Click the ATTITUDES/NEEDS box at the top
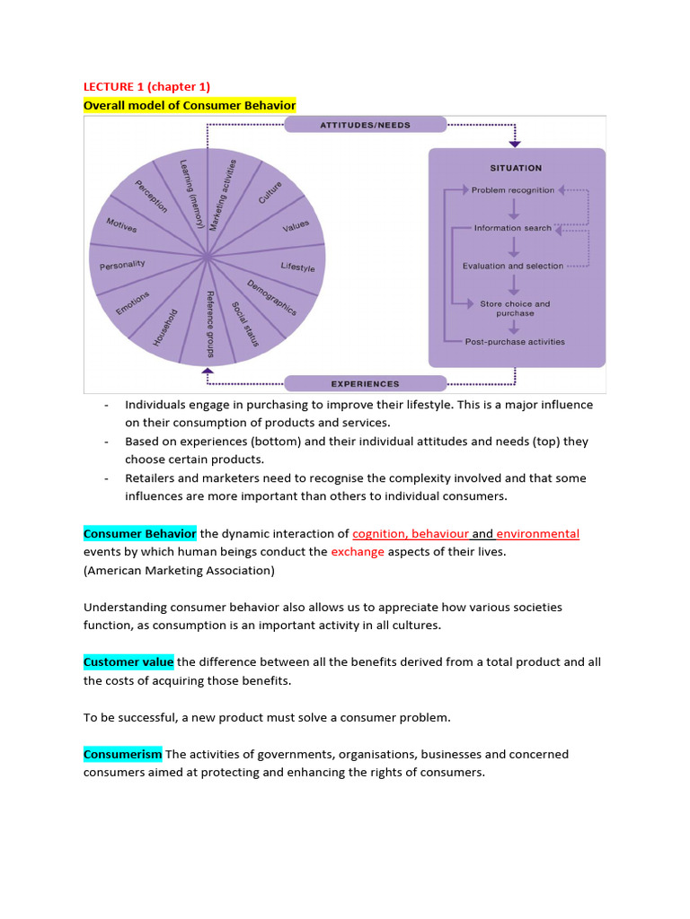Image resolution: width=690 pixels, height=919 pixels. [x=365, y=125]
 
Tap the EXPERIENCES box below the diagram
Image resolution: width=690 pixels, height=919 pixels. [x=365, y=384]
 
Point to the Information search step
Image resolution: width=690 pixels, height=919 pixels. [x=513, y=228]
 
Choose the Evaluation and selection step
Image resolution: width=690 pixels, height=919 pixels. [x=513, y=266]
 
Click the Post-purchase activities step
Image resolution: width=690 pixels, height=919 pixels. [x=515, y=341]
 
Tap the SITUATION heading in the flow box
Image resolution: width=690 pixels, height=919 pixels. [x=516, y=168]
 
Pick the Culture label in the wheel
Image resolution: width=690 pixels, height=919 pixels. [x=270, y=192]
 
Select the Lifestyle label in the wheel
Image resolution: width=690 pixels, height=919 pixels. [x=297, y=267]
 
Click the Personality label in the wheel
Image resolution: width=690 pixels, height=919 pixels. [x=122, y=266]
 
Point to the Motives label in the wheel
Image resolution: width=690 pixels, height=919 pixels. [x=121, y=225]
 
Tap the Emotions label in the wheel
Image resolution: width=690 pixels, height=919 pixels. [x=132, y=302]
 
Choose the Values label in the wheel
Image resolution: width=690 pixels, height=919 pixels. [x=296, y=226]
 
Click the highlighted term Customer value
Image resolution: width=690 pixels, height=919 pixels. [x=128, y=662]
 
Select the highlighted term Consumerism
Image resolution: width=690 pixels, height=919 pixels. [x=123, y=754]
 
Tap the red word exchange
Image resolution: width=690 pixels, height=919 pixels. [x=358, y=552]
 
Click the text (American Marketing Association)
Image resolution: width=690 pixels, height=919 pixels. [x=179, y=570]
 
